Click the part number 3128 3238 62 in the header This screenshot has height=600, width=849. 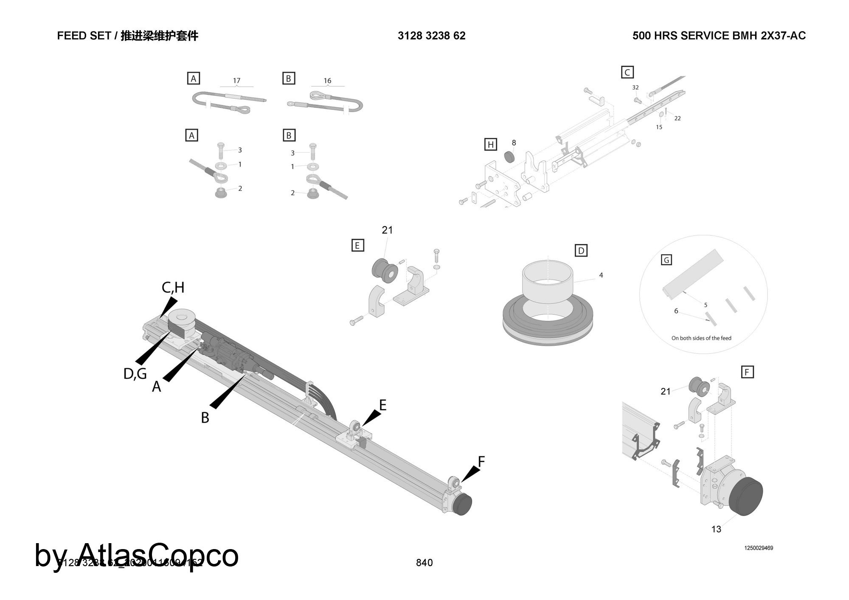[431, 36]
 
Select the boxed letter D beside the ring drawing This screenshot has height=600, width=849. [581, 251]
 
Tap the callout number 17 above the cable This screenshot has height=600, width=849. [236, 81]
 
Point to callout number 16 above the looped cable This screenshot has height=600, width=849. [327, 81]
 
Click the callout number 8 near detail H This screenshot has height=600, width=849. [514, 143]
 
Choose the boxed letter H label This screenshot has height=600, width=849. [491, 145]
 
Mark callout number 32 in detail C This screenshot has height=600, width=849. [635, 88]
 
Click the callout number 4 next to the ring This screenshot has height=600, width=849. [601, 275]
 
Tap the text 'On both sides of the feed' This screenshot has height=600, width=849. [701, 338]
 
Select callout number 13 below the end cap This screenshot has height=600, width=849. [716, 529]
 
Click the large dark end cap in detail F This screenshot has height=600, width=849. [746, 496]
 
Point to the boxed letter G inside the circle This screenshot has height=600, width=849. [666, 260]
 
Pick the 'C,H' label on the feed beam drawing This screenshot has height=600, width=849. [173, 288]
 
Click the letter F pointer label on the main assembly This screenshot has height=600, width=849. [481, 461]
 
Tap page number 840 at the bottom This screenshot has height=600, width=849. [424, 563]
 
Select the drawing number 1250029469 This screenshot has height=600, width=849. [758, 548]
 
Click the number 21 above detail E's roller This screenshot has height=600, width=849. [387, 230]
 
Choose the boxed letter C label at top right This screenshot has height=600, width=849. [627, 72]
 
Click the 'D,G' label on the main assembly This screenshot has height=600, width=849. [135, 374]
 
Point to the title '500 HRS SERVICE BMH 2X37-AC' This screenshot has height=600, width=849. [719, 36]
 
